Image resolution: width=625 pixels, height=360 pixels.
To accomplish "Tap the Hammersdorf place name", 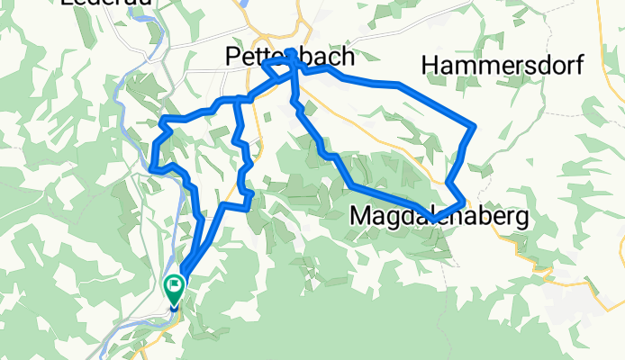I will coord(503,66).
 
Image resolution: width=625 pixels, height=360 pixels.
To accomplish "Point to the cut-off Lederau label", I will coord(95,4).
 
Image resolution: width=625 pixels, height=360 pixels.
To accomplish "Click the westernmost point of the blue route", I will coord(150,166).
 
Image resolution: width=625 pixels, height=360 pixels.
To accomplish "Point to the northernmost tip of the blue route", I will coord(288,51).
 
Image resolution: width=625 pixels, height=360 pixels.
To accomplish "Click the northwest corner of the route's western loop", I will coord(161,120).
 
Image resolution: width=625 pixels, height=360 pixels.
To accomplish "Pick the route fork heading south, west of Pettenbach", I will coord(237,99).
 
